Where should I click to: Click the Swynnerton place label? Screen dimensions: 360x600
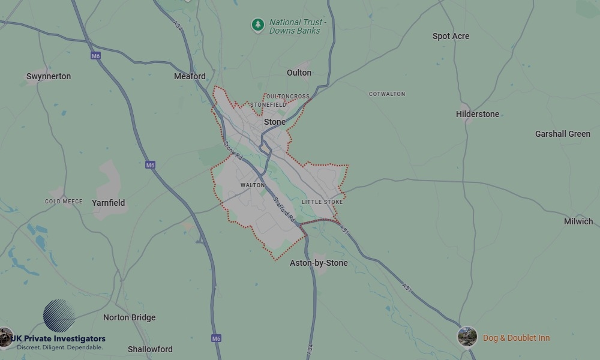[x=49, y=76]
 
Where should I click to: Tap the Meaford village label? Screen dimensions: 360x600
[x=190, y=76]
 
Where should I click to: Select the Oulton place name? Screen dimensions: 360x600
[x=299, y=73]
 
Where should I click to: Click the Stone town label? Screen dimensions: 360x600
[x=275, y=122]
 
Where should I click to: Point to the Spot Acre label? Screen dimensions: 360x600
[x=451, y=36]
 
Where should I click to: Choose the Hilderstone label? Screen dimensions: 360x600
[x=477, y=114]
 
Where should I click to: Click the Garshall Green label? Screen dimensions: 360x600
[x=562, y=134]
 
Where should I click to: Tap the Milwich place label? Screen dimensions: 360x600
[x=578, y=221]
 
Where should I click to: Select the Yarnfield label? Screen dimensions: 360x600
[x=109, y=203]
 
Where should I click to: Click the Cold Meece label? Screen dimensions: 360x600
[x=64, y=202]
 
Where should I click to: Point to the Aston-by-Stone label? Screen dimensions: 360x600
[x=319, y=263]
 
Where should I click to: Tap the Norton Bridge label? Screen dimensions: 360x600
[x=129, y=317]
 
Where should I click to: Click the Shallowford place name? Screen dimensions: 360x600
[x=150, y=349]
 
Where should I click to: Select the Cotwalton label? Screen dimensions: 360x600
[x=386, y=94]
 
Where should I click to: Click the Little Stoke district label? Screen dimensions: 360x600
[x=322, y=202]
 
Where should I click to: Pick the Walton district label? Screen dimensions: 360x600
[x=252, y=185]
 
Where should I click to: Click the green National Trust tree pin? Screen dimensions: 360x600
[x=258, y=25]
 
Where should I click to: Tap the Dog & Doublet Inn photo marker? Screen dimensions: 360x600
[x=467, y=337]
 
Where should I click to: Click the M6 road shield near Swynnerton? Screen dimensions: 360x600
[x=96, y=56]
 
